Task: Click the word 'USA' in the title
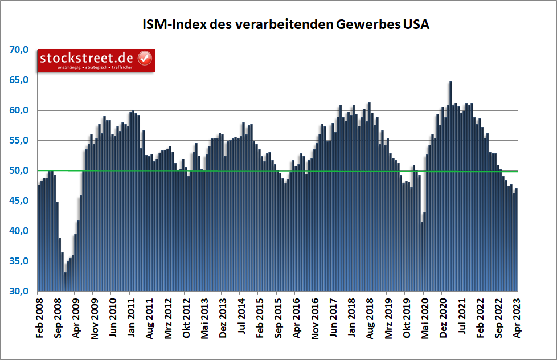pos(416,25)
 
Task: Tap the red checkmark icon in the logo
pos(145,58)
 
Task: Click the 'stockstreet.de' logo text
pos(87,58)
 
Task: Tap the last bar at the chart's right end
pos(516,239)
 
